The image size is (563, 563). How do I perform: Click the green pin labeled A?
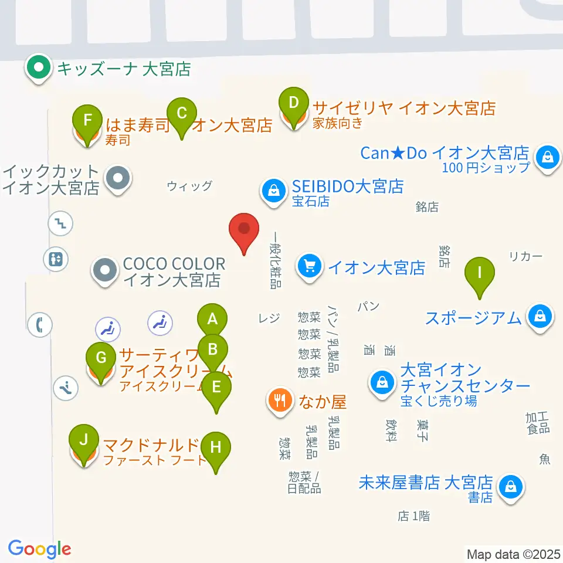(x=212, y=320)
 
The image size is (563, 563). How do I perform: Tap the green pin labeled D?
(x=293, y=103)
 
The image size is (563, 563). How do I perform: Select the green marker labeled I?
(x=480, y=273)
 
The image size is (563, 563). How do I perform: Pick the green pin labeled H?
(x=216, y=448)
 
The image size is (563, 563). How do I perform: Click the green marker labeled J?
(x=84, y=439)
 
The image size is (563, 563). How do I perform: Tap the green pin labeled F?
(x=87, y=121)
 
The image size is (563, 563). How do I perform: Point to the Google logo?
(x=39, y=549)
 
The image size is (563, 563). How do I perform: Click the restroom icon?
(x=56, y=259)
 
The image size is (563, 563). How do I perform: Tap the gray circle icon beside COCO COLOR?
(x=105, y=270)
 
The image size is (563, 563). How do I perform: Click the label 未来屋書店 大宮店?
(x=425, y=483)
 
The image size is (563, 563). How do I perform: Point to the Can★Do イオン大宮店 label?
(x=444, y=154)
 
